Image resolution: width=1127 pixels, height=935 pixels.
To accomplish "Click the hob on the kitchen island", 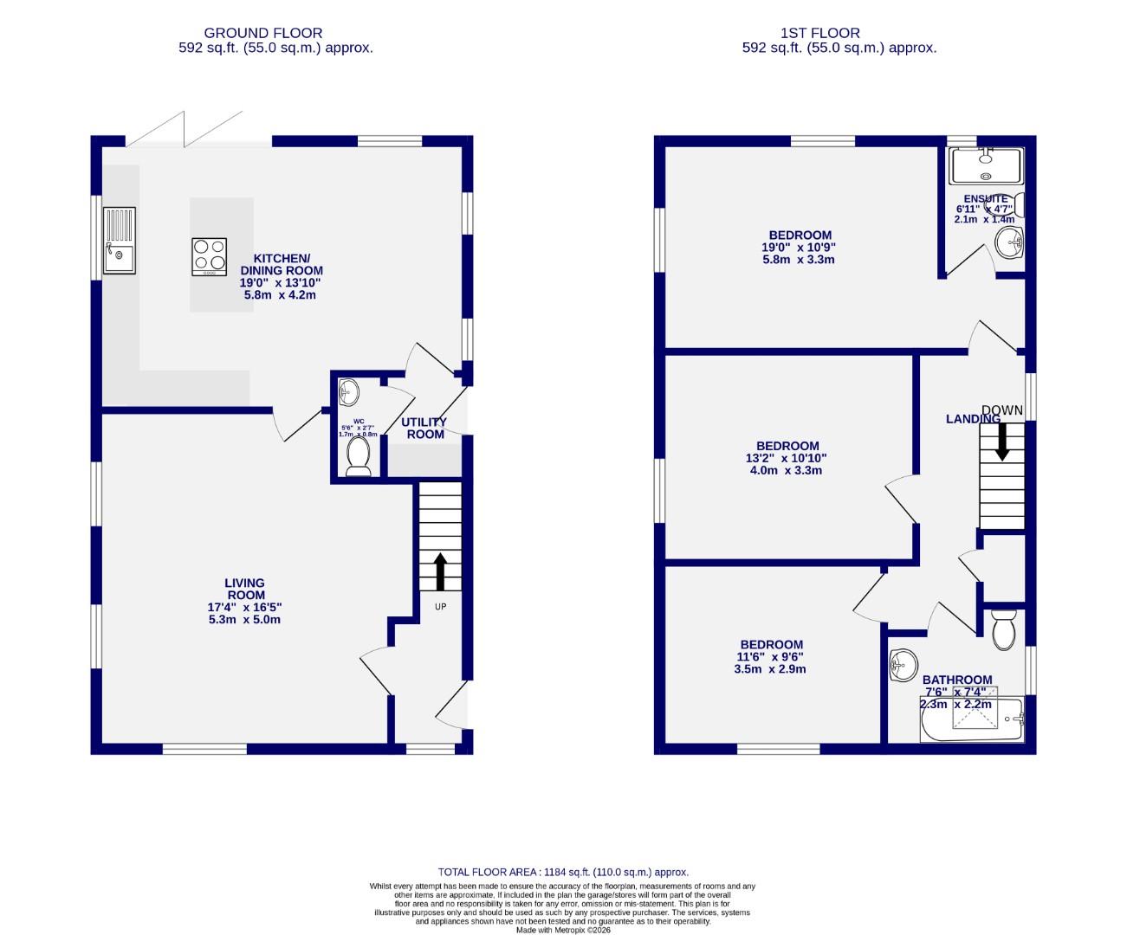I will [209, 257].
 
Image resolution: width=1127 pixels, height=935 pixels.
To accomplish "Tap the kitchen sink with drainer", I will [120, 240].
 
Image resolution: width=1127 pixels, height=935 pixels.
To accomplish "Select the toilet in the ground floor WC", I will [358, 455].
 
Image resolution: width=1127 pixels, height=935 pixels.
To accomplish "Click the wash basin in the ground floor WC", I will [348, 392].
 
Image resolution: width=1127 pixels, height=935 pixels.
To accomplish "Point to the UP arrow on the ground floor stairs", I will [440, 571].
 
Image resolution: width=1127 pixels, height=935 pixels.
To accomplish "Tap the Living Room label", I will [245, 589].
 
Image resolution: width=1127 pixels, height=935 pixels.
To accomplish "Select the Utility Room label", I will [424, 428].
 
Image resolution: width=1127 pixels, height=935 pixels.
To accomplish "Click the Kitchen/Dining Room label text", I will [281, 264].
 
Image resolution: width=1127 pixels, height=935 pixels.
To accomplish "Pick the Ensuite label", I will [986, 199].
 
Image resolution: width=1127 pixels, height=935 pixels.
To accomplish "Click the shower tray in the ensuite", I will [986, 165].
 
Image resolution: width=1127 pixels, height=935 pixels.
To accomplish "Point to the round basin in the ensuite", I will [1010, 244].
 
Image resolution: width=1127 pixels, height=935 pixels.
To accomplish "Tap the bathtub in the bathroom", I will [970, 719].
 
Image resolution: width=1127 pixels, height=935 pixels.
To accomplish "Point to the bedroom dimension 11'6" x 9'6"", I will [771, 656].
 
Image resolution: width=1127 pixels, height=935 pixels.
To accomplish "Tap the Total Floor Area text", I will [563, 873].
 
